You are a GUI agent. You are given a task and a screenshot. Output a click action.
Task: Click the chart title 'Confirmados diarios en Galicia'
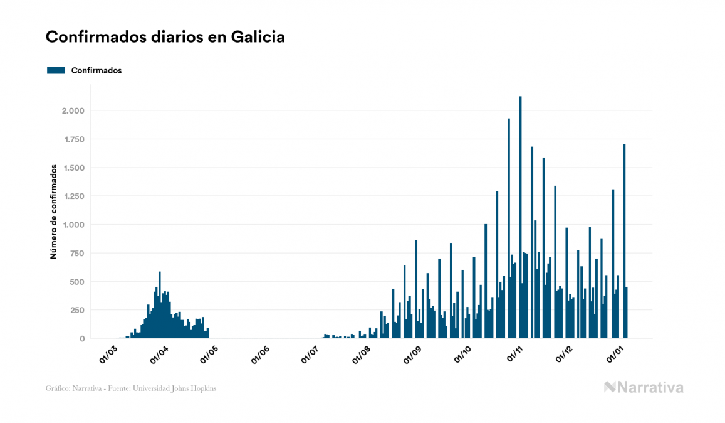(x=165, y=37)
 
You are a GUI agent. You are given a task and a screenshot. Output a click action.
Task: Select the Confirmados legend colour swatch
(x=56, y=70)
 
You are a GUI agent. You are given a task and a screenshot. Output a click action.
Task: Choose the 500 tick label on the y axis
(x=76, y=282)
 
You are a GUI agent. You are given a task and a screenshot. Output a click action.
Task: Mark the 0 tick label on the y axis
(x=81, y=339)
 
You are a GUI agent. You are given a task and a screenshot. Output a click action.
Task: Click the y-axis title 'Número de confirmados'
(x=54, y=212)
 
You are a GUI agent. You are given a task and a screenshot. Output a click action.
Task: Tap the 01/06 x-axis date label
(x=261, y=355)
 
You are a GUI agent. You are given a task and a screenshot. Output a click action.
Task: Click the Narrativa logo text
(x=650, y=387)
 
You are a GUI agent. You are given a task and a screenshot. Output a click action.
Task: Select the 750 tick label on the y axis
(x=76, y=254)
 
